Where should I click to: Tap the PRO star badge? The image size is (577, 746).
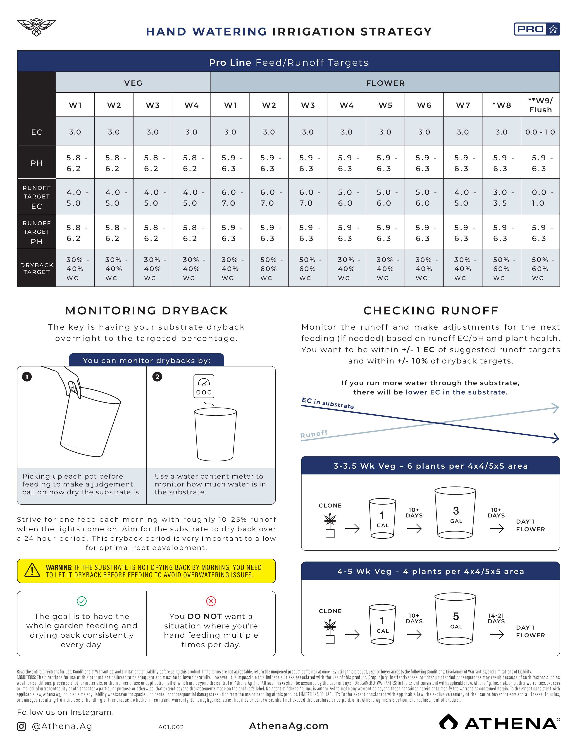[537, 29]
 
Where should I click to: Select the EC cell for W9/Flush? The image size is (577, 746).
[540, 132]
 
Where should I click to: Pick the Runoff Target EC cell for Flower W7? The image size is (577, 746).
[463, 197]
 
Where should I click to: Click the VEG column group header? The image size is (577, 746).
[133, 83]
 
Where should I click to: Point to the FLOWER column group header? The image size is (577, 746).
[385, 83]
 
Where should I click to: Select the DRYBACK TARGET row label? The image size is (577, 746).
[37, 269]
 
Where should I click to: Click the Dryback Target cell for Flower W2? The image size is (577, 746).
[269, 269]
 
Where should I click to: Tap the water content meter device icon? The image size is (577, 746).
[204, 386]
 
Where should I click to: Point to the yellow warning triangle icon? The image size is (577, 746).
[32, 570]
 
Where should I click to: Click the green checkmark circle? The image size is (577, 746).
[82, 601]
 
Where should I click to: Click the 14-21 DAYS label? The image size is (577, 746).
[496, 618]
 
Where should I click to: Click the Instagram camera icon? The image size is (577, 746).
[21, 726]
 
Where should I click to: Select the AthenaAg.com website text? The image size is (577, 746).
[289, 726]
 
